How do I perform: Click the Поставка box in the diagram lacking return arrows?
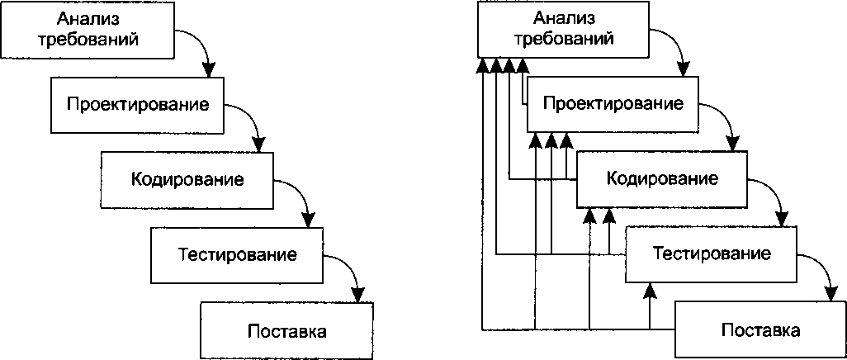pyautogui.click(x=286, y=331)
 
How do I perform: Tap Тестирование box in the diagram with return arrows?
pyautogui.click(x=712, y=253)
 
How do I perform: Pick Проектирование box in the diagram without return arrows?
pyautogui.click(x=137, y=105)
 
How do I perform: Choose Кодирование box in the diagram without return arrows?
pyautogui.click(x=187, y=178)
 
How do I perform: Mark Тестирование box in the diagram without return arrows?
pyautogui.click(x=237, y=253)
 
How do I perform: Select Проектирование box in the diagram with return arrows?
pyautogui.click(x=613, y=105)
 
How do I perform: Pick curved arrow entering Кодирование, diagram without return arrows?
pyautogui.click(x=257, y=124)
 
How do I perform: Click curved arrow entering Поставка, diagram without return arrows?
pyautogui.click(x=353, y=277)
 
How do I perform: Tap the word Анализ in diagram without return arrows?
pyautogui.click(x=88, y=18)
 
